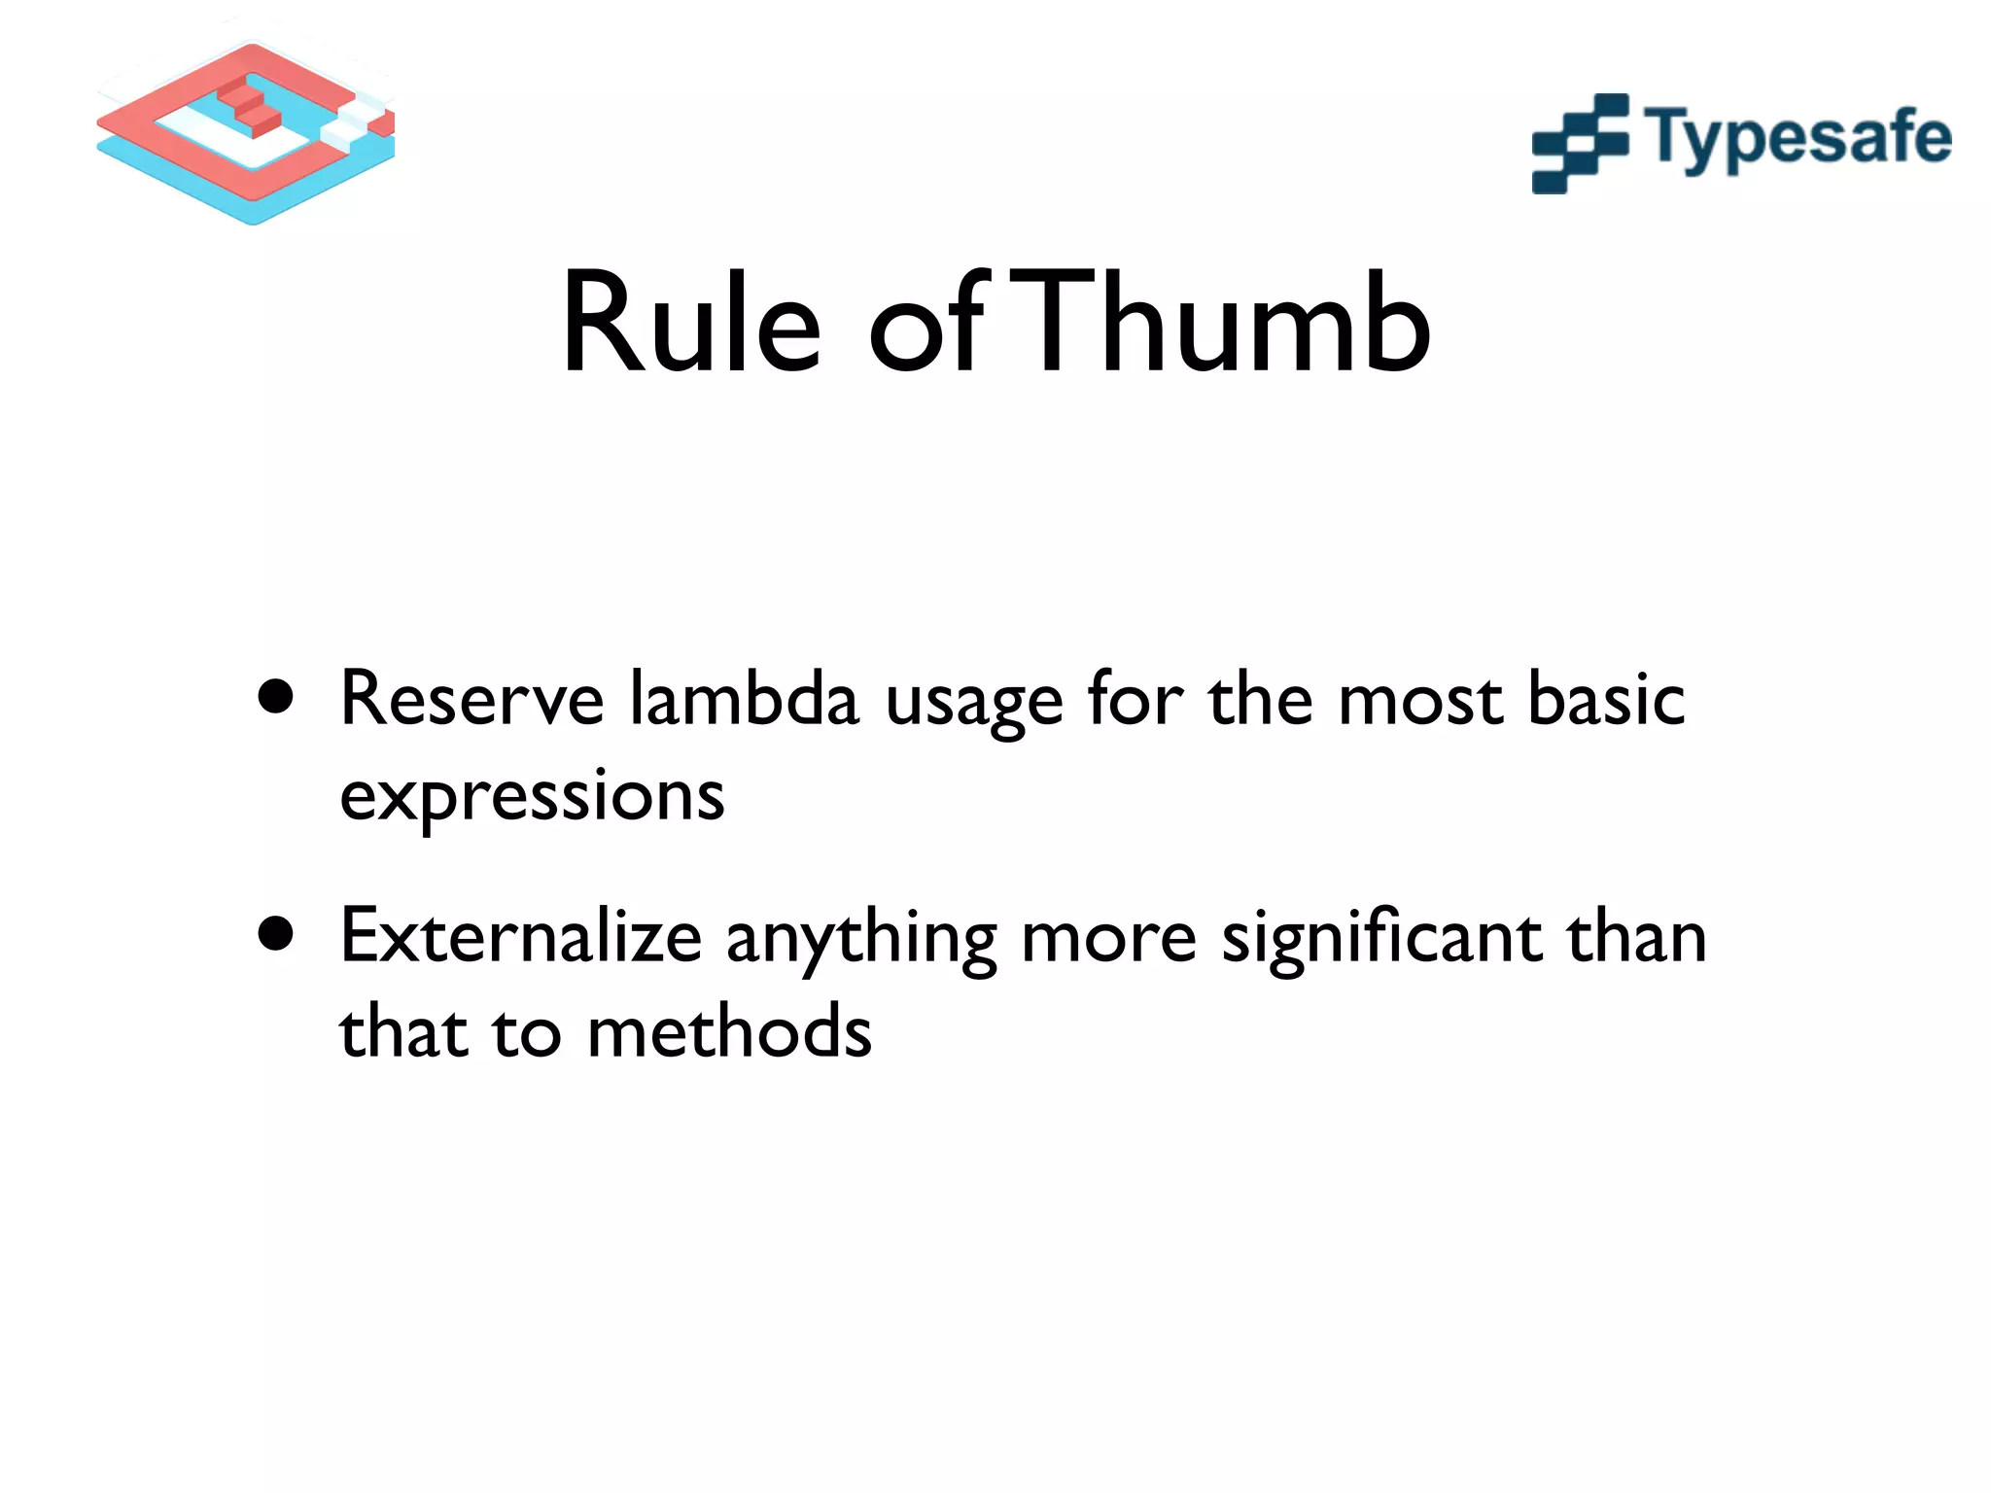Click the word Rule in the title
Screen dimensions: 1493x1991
[x=691, y=324]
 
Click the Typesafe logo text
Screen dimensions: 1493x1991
[x=1798, y=139]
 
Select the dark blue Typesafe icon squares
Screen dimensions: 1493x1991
[x=1580, y=143]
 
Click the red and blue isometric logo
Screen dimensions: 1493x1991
[x=246, y=131]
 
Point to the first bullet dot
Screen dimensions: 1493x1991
[x=276, y=697]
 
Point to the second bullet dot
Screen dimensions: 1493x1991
[x=276, y=934]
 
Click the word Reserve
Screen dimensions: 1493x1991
[x=472, y=700]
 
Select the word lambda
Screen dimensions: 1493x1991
[x=744, y=700]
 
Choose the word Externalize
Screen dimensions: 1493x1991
[x=520, y=937]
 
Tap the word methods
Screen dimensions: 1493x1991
[x=729, y=1032]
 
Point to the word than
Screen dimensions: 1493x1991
[x=1635, y=937]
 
